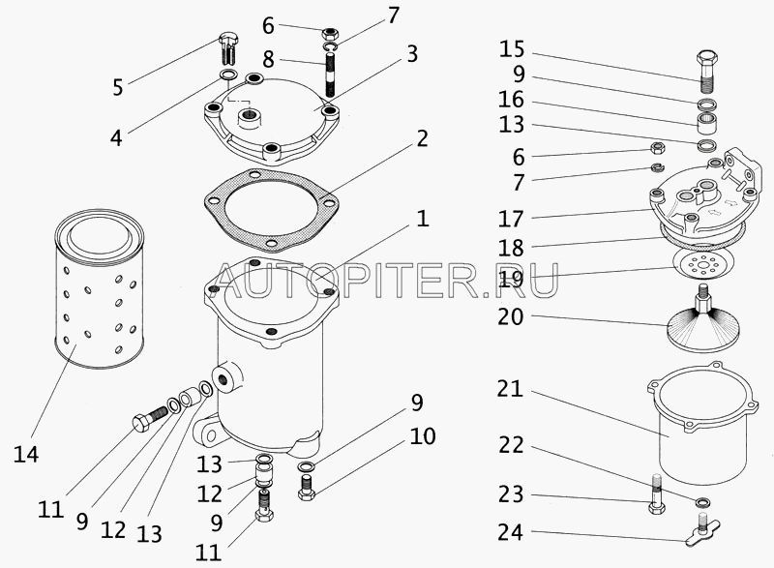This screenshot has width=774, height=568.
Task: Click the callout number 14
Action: (x=26, y=454)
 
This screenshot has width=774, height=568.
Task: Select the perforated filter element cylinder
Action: (x=100, y=288)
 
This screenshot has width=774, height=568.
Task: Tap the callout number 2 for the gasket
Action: (x=422, y=138)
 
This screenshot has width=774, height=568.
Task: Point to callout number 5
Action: (x=117, y=87)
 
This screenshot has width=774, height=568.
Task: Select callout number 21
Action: (x=510, y=389)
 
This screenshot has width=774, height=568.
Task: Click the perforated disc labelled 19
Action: (x=704, y=264)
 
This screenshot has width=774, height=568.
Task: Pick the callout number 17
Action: (x=511, y=219)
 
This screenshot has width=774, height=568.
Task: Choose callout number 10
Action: (x=422, y=436)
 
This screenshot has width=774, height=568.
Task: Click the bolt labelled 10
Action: (x=307, y=486)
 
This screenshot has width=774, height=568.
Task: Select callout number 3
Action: (x=412, y=54)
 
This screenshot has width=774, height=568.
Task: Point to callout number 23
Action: (x=511, y=494)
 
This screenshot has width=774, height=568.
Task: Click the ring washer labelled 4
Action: (x=227, y=75)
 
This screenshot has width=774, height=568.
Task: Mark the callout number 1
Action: (x=423, y=219)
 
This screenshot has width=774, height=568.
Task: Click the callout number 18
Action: (x=511, y=248)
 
